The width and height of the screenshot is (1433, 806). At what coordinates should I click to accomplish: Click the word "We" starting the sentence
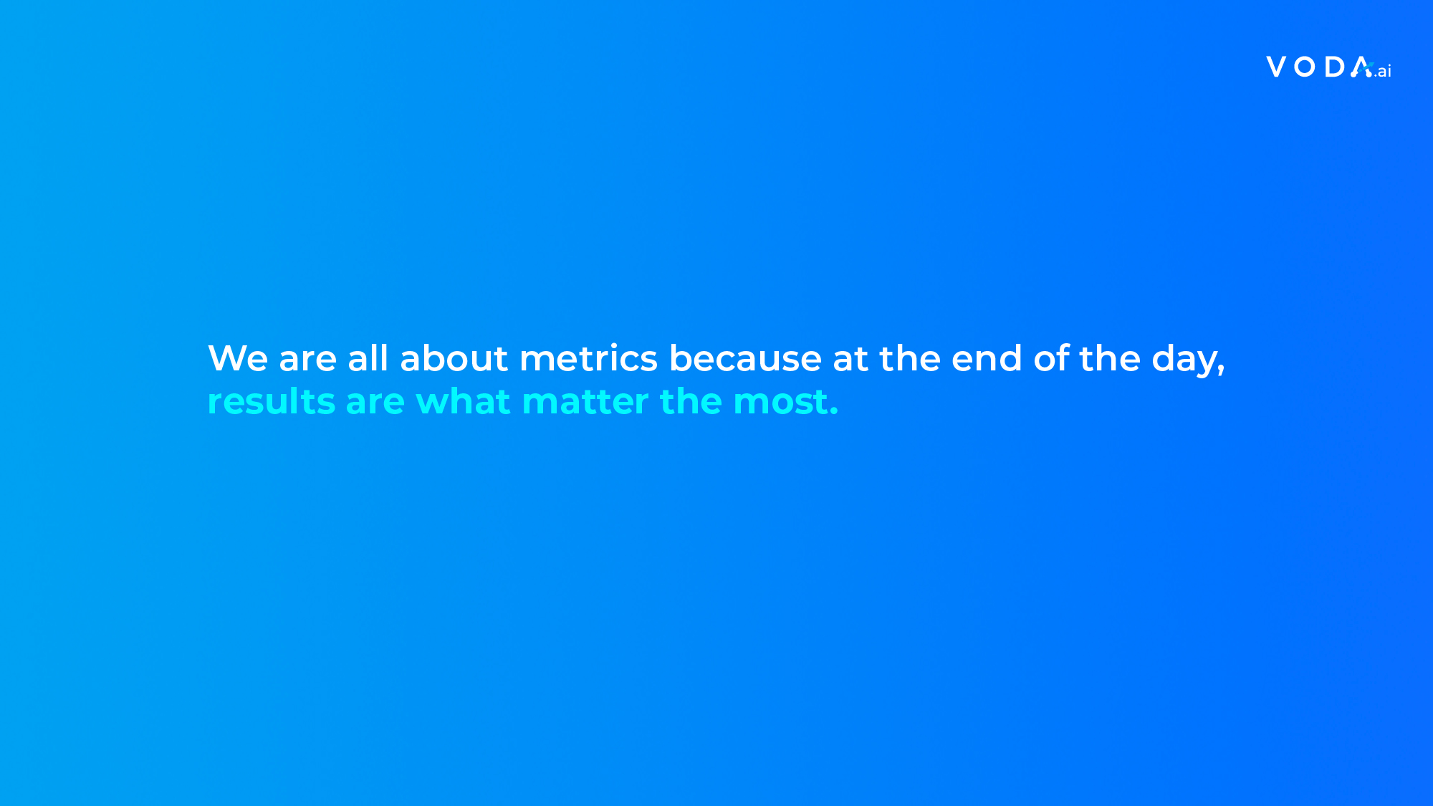click(238, 358)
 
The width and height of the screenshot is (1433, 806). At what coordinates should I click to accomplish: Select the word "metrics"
click(588, 358)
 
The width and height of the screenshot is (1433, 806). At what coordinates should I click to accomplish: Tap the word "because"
click(745, 358)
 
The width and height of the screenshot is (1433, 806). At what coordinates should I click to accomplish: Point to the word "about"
click(454, 358)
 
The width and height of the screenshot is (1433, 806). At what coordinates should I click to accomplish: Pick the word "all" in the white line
click(368, 358)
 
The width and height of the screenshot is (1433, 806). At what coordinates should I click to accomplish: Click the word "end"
click(987, 358)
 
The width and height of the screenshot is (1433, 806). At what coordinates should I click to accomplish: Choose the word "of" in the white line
click(1051, 358)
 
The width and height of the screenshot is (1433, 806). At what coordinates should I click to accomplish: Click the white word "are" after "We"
click(308, 360)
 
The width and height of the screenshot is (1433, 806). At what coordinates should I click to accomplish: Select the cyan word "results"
click(272, 401)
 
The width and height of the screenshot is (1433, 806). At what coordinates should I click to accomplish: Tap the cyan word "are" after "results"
click(375, 403)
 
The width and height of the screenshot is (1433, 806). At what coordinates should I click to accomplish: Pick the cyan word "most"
click(780, 403)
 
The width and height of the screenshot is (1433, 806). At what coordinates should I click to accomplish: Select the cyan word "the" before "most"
click(691, 401)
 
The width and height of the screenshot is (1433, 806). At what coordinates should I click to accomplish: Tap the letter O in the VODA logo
click(1305, 67)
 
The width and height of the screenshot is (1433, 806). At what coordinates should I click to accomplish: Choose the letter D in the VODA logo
click(1335, 67)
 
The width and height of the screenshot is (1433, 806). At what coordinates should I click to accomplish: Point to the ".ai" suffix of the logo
click(1383, 71)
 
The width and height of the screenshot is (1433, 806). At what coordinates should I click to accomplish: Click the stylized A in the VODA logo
click(1361, 67)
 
